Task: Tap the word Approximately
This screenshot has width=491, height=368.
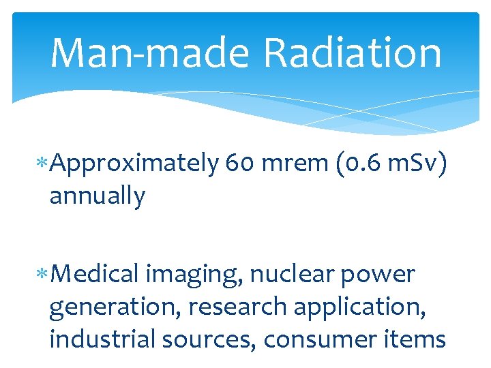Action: click(x=134, y=165)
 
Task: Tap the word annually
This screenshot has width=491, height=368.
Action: click(x=97, y=197)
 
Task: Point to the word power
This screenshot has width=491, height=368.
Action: click(x=380, y=275)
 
